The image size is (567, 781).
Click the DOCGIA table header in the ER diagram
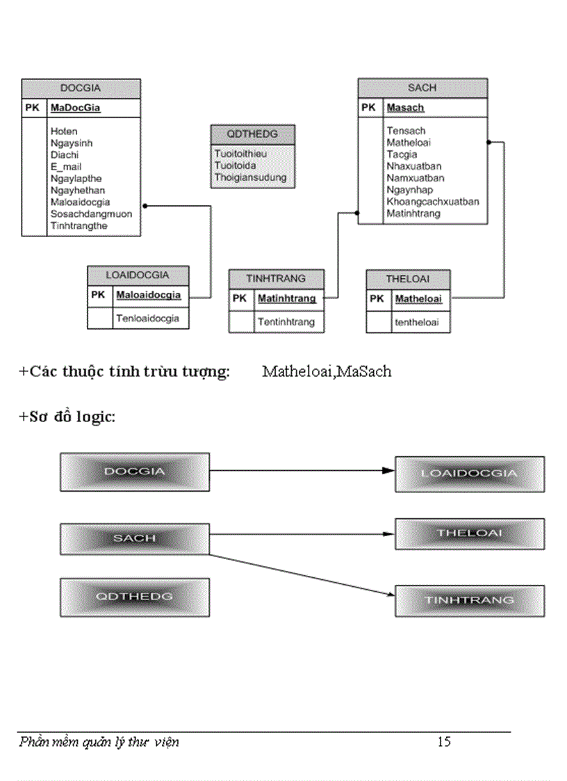pos(81,88)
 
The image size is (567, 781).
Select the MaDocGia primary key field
pos(75,108)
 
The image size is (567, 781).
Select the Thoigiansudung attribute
pos(249,177)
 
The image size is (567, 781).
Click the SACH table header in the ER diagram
pos(422,88)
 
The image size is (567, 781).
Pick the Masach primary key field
pos(405,108)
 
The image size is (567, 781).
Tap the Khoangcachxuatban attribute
pos(432,202)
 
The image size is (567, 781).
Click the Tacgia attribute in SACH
pos(402,154)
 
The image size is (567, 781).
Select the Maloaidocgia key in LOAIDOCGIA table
pos(148,295)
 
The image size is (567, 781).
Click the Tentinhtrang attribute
pos(286,321)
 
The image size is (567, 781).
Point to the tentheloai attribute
pos(417,322)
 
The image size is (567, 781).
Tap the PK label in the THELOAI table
pos(377,299)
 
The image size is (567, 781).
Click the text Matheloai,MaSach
pos(327,371)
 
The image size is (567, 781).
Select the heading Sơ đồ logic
pos(67,417)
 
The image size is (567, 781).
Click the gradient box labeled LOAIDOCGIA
pos(469,474)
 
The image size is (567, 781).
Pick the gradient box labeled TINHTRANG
pos(469,599)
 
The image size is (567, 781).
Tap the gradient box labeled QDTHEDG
pos(134,597)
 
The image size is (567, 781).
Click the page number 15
pos(444,742)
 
